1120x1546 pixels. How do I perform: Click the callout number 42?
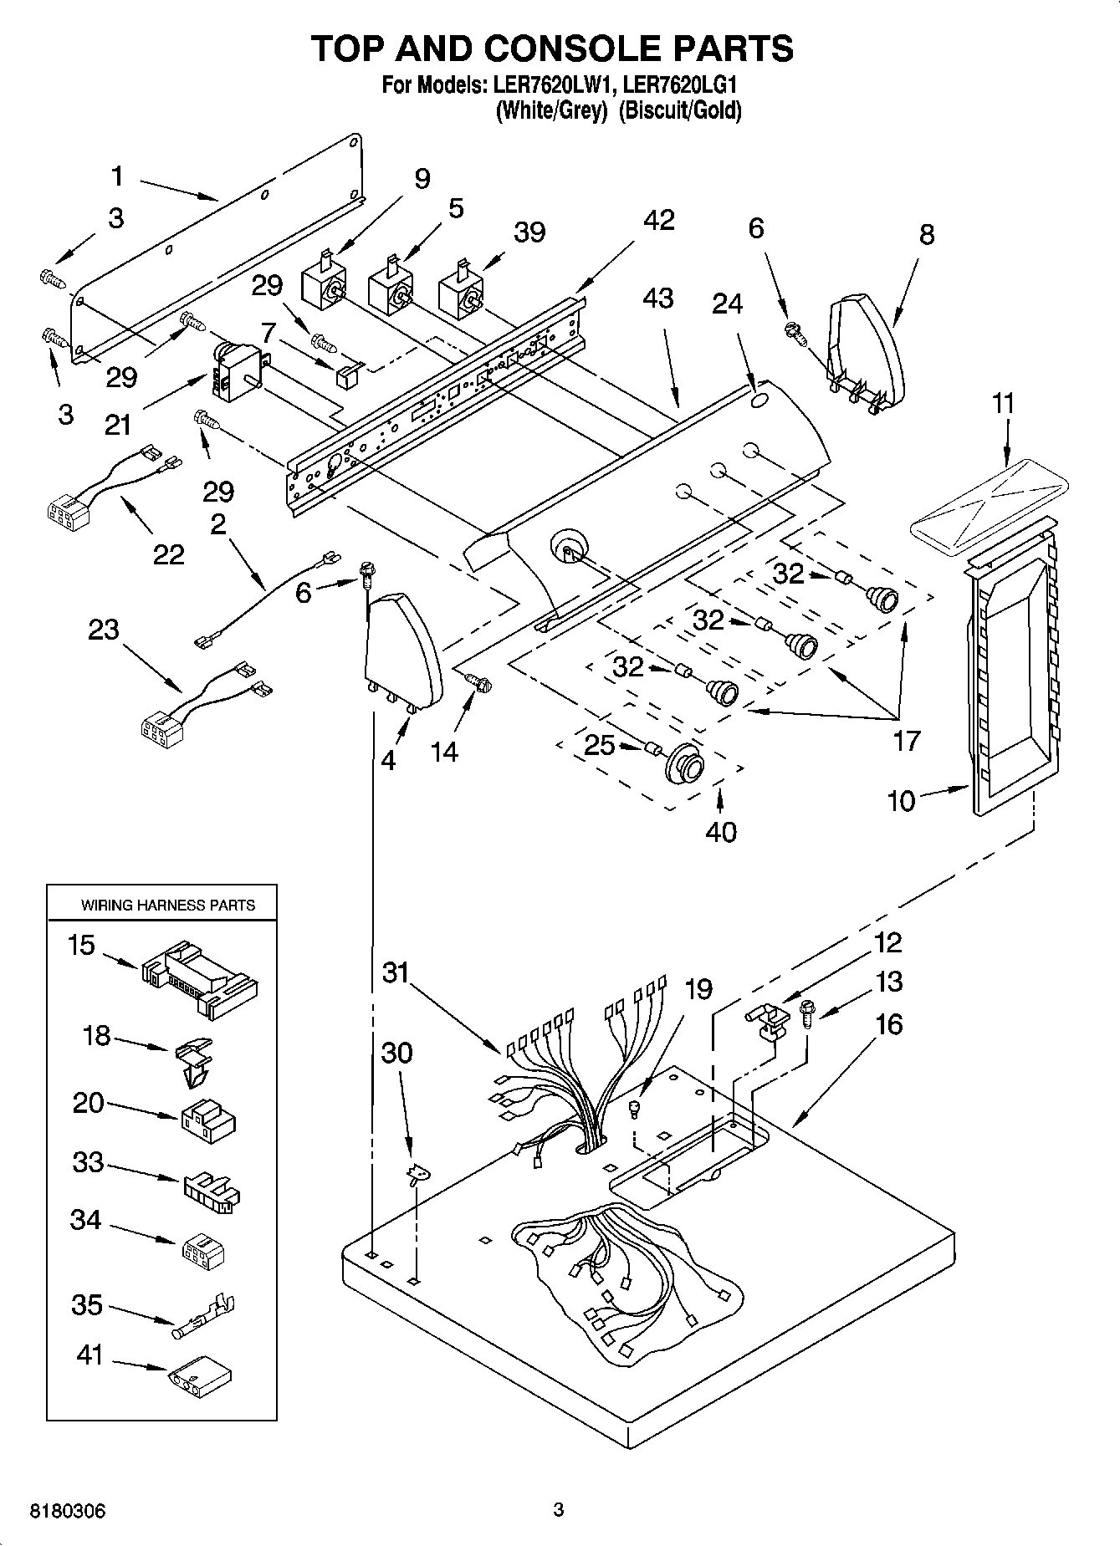(658, 220)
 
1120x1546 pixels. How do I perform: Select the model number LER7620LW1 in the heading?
(555, 84)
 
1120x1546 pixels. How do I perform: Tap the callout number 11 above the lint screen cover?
(1003, 403)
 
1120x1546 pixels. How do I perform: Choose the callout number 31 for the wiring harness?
(396, 972)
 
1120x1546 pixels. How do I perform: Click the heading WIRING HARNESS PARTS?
(167, 905)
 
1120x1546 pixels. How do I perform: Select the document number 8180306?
(68, 1511)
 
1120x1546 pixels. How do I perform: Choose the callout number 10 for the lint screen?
(901, 800)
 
